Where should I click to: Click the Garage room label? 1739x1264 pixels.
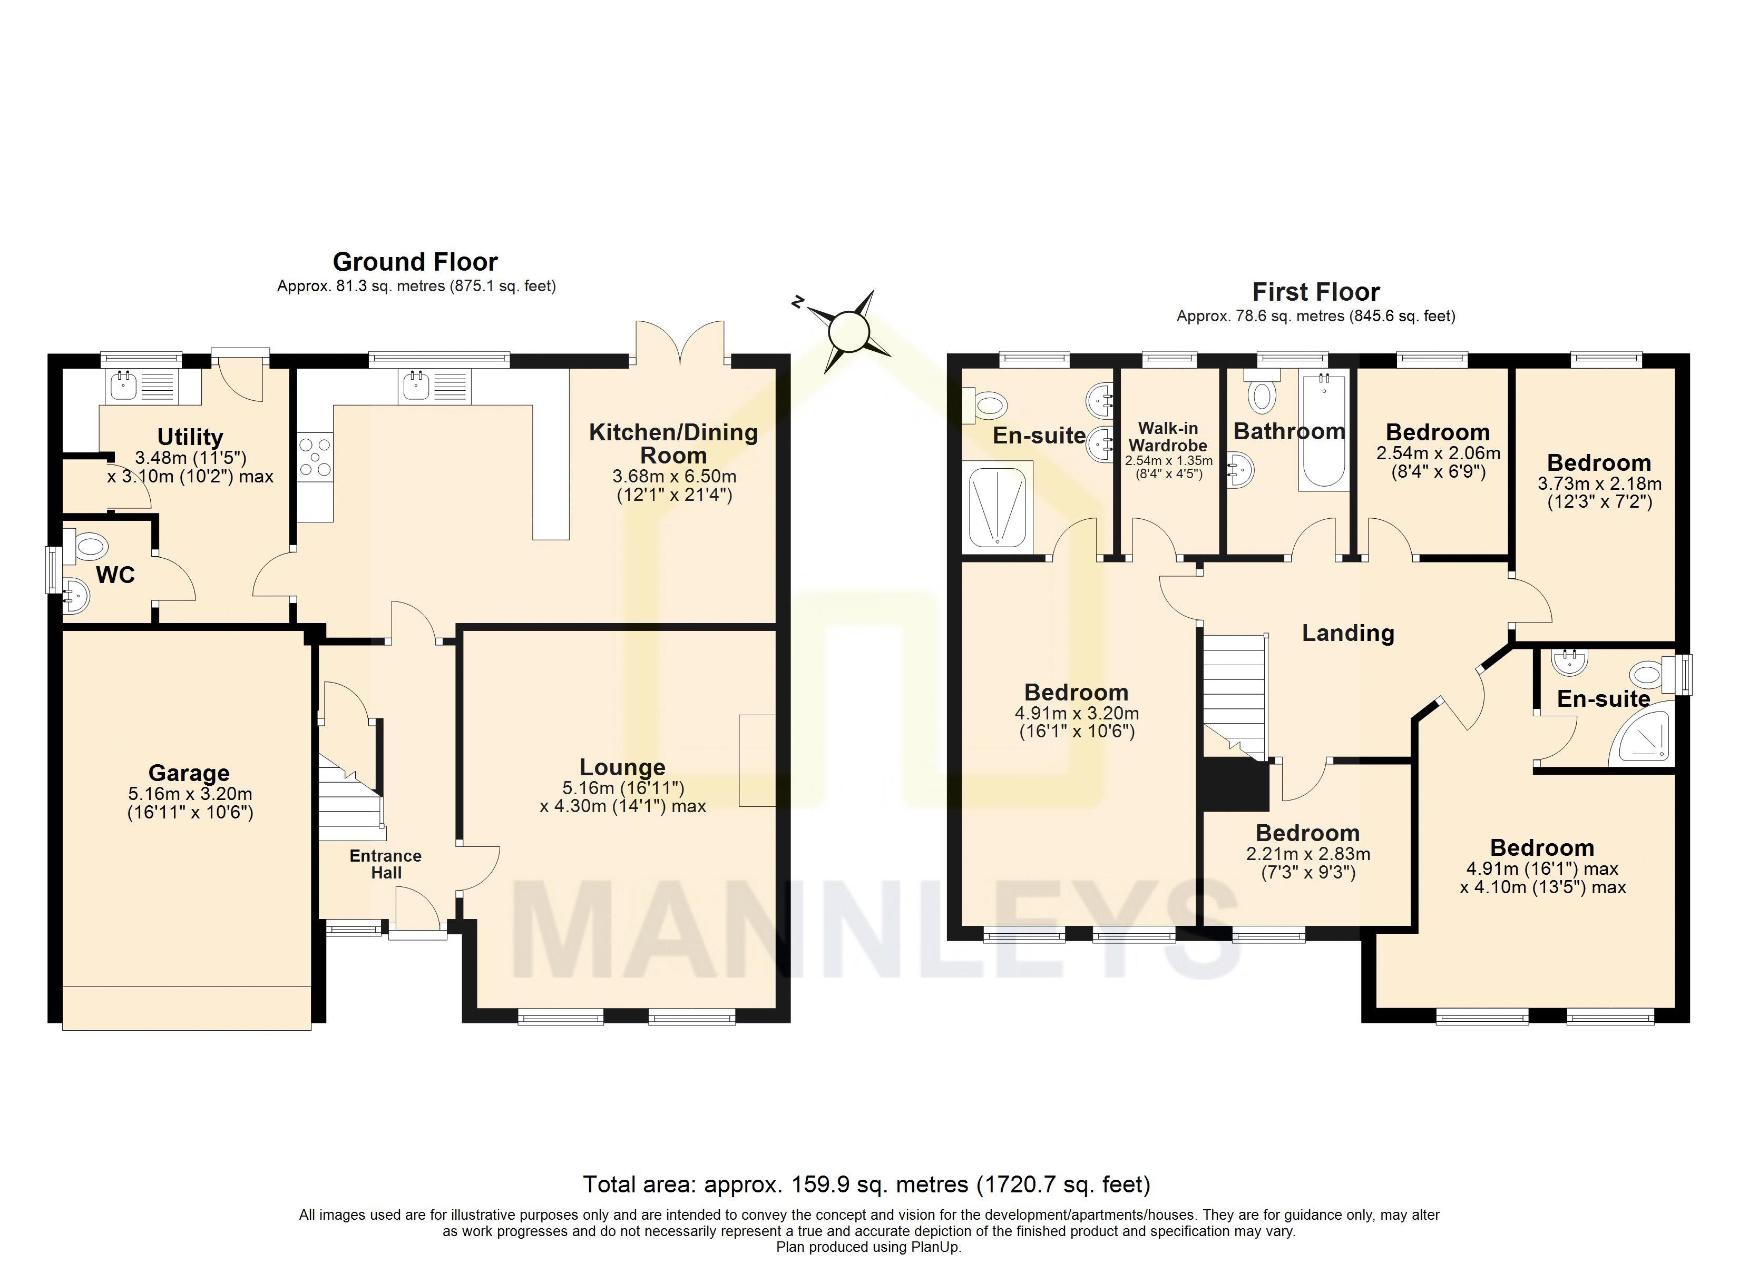click(x=189, y=773)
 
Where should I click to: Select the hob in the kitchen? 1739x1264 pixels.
click(x=315, y=456)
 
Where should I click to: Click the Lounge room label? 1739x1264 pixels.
click(x=622, y=766)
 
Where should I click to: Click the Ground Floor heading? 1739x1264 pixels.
click(x=415, y=262)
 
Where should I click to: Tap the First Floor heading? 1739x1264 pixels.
click(x=1316, y=292)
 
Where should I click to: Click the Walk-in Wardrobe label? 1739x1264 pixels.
click(x=1168, y=437)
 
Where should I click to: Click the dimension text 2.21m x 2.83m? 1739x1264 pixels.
click(x=1308, y=854)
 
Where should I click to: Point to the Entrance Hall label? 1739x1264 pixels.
click(x=386, y=864)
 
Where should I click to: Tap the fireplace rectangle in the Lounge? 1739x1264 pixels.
click(x=757, y=761)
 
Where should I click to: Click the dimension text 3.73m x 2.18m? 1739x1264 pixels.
click(x=1599, y=483)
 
